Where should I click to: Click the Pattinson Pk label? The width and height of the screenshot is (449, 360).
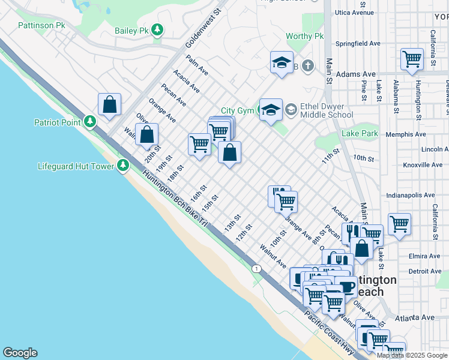[x=41, y=25]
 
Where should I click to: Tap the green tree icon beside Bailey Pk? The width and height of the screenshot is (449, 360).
[x=157, y=29]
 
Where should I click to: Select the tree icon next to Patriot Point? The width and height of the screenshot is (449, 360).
[x=90, y=122]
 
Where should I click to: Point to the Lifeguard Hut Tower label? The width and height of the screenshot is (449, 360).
[x=76, y=166]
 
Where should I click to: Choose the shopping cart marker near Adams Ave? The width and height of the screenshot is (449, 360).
[x=412, y=59]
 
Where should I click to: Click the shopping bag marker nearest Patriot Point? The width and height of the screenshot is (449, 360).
[x=110, y=104]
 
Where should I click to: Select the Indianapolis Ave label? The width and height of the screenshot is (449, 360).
[x=411, y=195]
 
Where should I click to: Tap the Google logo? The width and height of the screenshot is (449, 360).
[x=20, y=353]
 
